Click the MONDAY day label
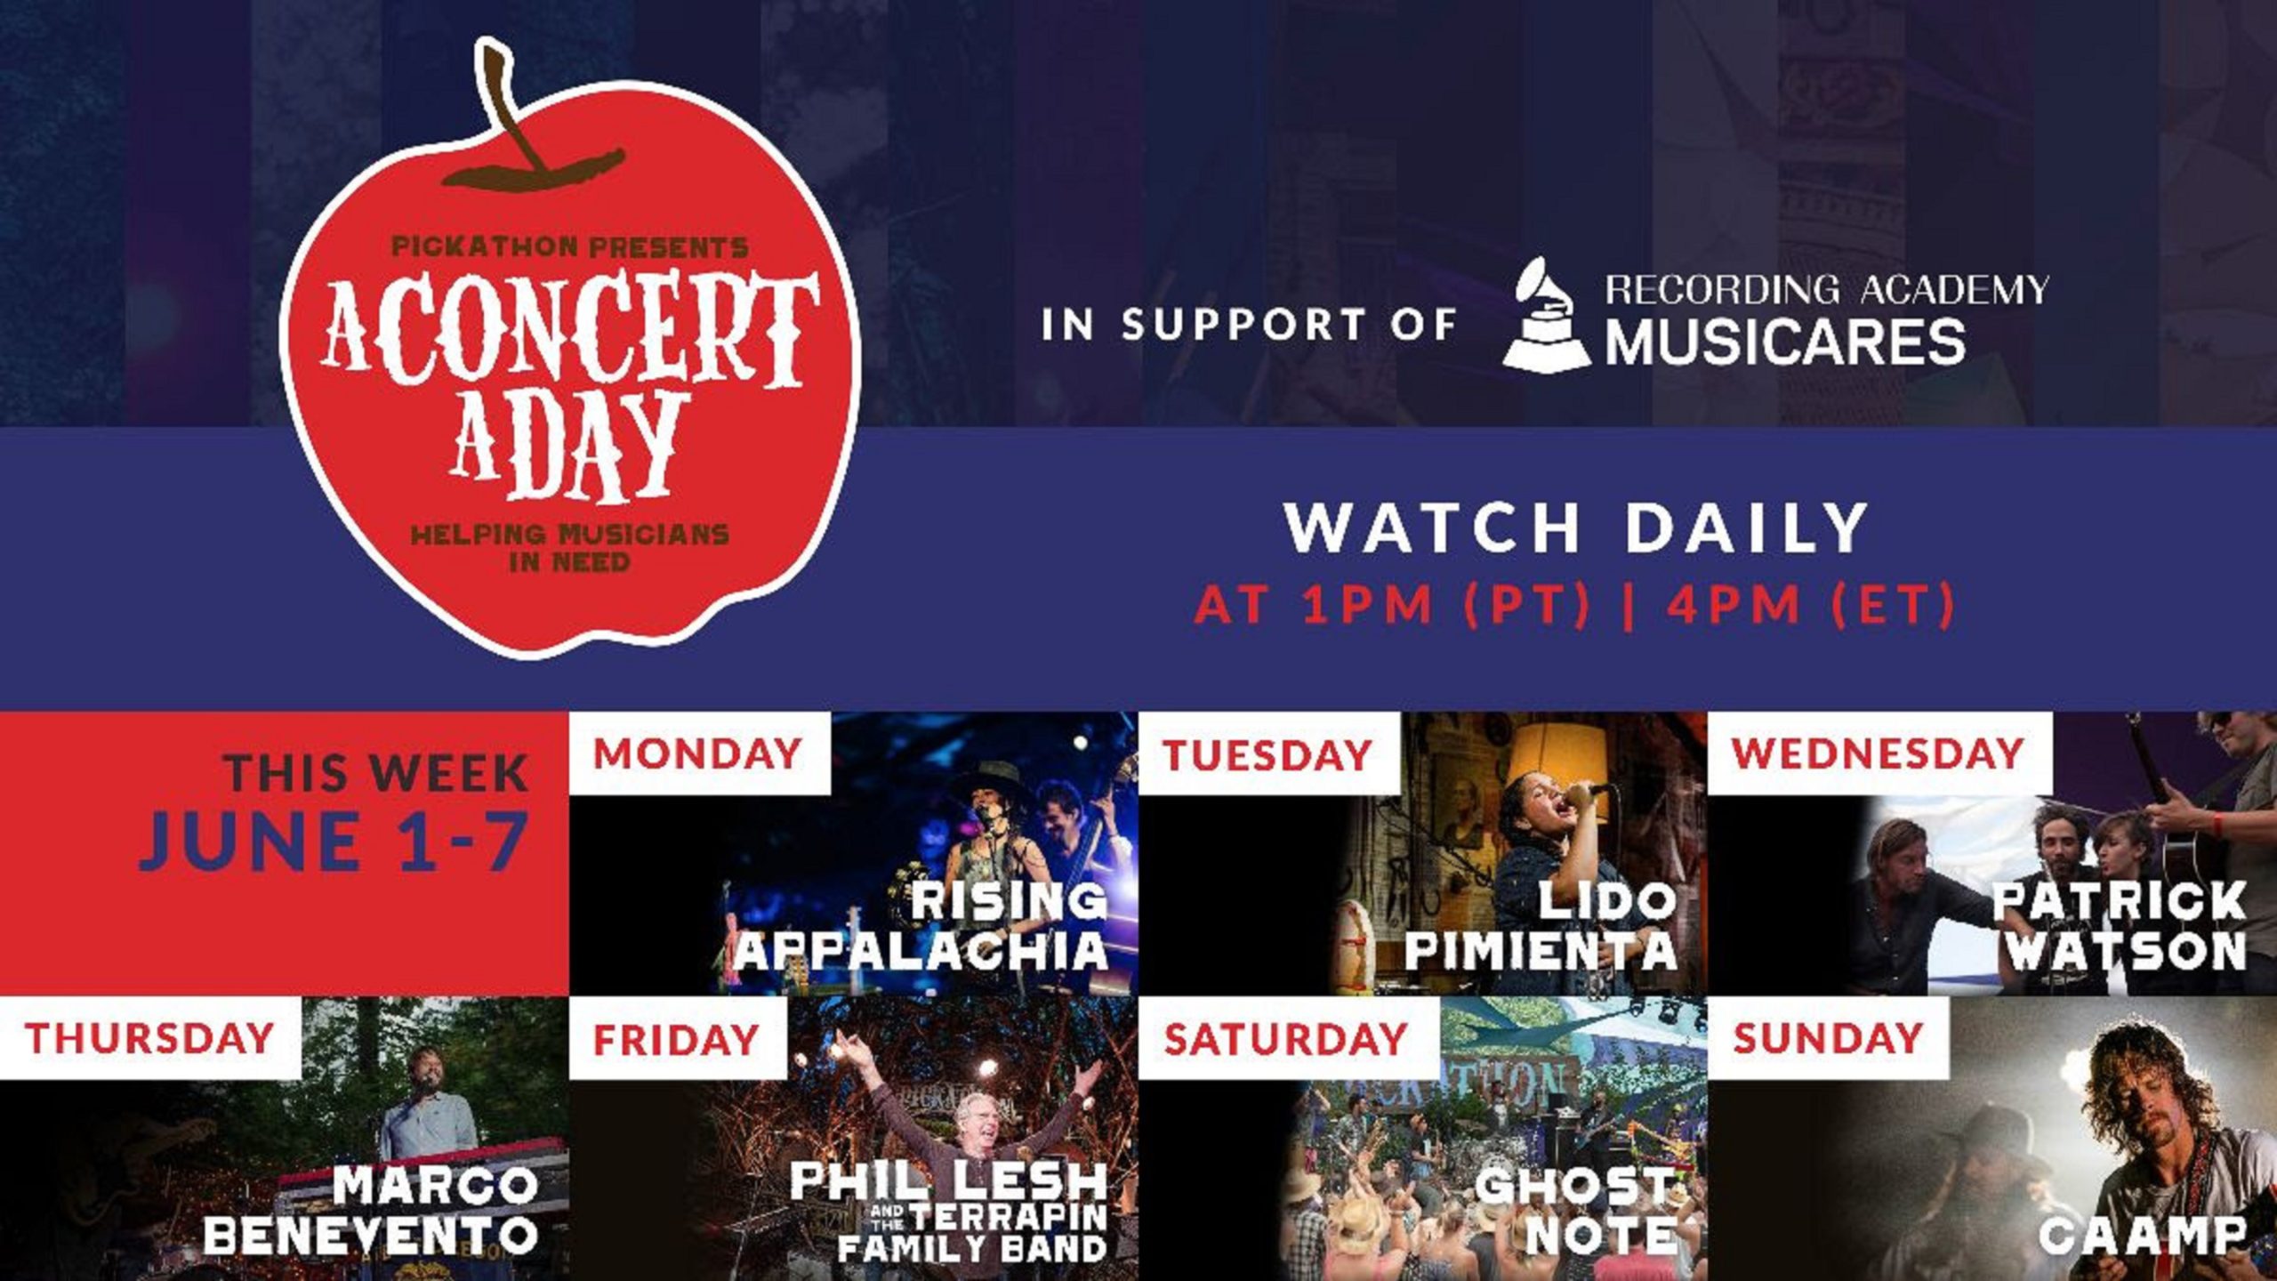click(x=698, y=754)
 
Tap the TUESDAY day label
click(x=1267, y=756)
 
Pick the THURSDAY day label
click(x=149, y=1038)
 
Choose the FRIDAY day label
click(x=676, y=1039)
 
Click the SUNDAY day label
click(x=1827, y=1038)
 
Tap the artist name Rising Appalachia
click(x=921, y=926)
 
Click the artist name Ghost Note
click(x=1576, y=1210)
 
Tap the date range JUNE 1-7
click(x=333, y=841)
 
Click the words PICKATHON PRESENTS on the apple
click(x=570, y=246)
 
